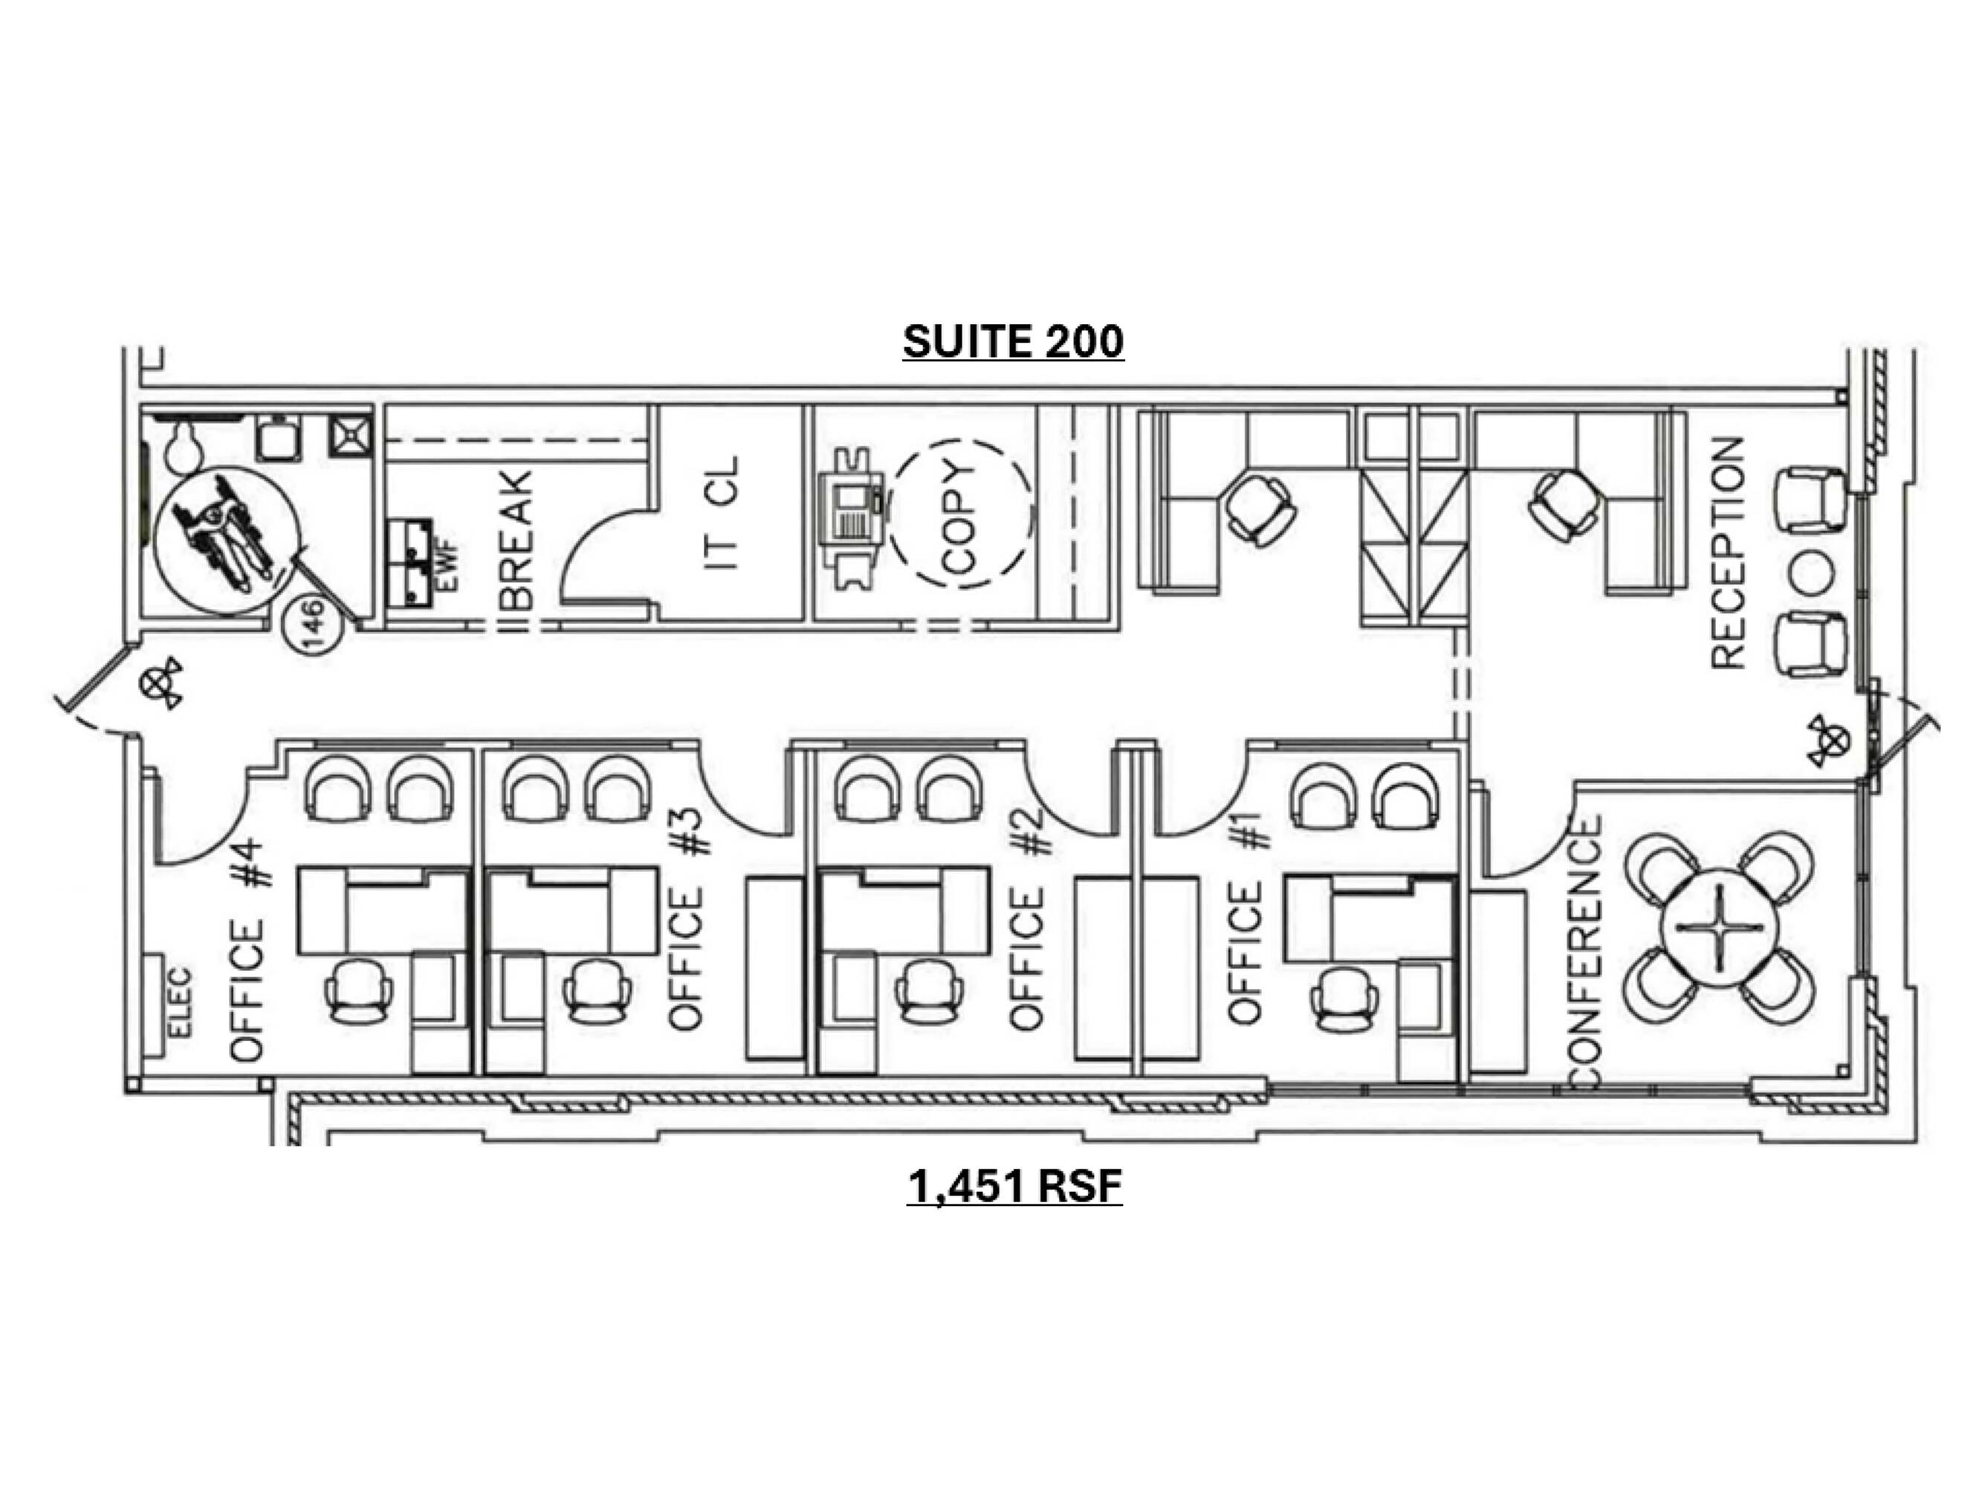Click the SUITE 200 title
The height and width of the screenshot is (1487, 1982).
click(x=1014, y=341)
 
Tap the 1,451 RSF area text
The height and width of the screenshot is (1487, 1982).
click(x=1014, y=1187)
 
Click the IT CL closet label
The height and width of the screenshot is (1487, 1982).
click(x=722, y=513)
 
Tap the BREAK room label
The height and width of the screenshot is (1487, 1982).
click(x=518, y=541)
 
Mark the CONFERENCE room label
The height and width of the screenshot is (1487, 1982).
click(x=1585, y=952)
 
